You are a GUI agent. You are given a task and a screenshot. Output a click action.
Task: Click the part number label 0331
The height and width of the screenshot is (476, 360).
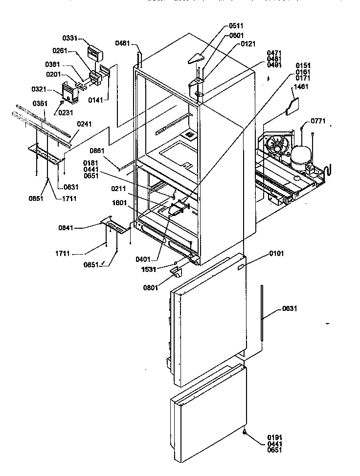point(69,38)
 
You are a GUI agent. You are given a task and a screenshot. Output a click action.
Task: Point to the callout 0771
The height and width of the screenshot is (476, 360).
point(318,121)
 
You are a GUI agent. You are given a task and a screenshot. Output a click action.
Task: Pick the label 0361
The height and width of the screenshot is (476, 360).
point(40,104)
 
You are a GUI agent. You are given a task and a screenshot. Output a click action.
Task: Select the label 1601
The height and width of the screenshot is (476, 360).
point(120,202)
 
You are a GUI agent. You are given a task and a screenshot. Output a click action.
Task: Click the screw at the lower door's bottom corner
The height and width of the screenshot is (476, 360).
point(243,432)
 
